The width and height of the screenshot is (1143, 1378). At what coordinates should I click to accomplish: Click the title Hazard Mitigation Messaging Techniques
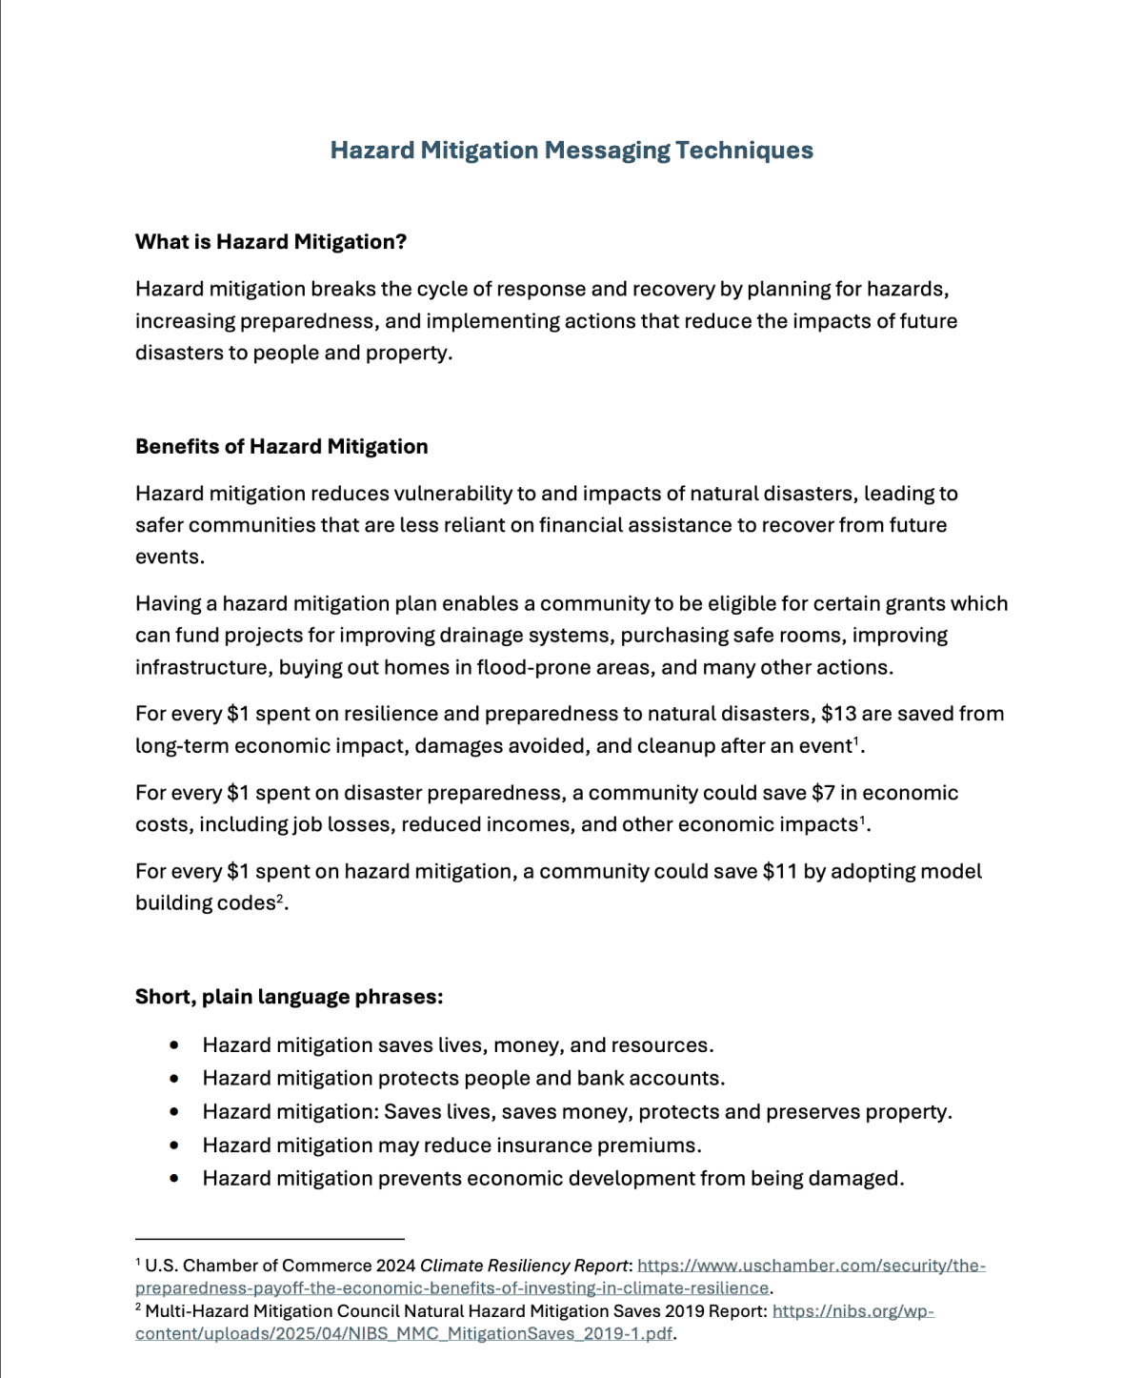[571, 151]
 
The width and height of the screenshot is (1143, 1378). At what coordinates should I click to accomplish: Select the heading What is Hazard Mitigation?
[271, 242]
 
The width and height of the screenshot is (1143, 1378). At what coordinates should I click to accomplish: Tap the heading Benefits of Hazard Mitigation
[281, 447]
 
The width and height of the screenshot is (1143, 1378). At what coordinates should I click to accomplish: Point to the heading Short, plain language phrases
[289, 997]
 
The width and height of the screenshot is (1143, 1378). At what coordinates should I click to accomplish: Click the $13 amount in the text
[840, 714]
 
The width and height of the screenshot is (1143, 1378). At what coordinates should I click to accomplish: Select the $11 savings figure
[780, 872]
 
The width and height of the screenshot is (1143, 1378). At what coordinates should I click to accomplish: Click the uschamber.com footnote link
[811, 1266]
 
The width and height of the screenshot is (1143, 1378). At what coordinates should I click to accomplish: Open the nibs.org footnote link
[852, 1311]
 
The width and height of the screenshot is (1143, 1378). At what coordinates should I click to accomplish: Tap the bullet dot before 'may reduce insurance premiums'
[173, 1145]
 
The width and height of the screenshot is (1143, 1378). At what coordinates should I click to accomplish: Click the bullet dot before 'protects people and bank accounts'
[173, 1079]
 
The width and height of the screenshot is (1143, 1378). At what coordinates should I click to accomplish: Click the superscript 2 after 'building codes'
[280, 899]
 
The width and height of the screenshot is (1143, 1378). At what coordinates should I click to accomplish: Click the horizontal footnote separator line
[270, 1239]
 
